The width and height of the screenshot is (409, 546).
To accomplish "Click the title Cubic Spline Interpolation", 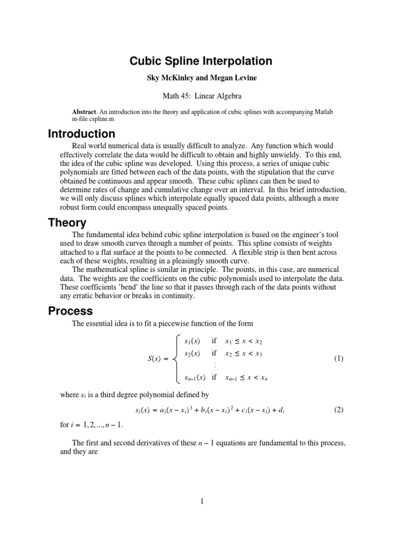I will [201, 61].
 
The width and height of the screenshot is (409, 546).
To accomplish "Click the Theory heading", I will [67, 223].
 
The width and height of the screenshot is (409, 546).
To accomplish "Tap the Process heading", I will [70, 311].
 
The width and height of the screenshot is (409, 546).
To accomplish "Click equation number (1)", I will [339, 359].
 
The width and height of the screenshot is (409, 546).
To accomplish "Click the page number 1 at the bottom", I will [203, 501].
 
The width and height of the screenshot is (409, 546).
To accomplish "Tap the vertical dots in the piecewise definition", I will [215, 366].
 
